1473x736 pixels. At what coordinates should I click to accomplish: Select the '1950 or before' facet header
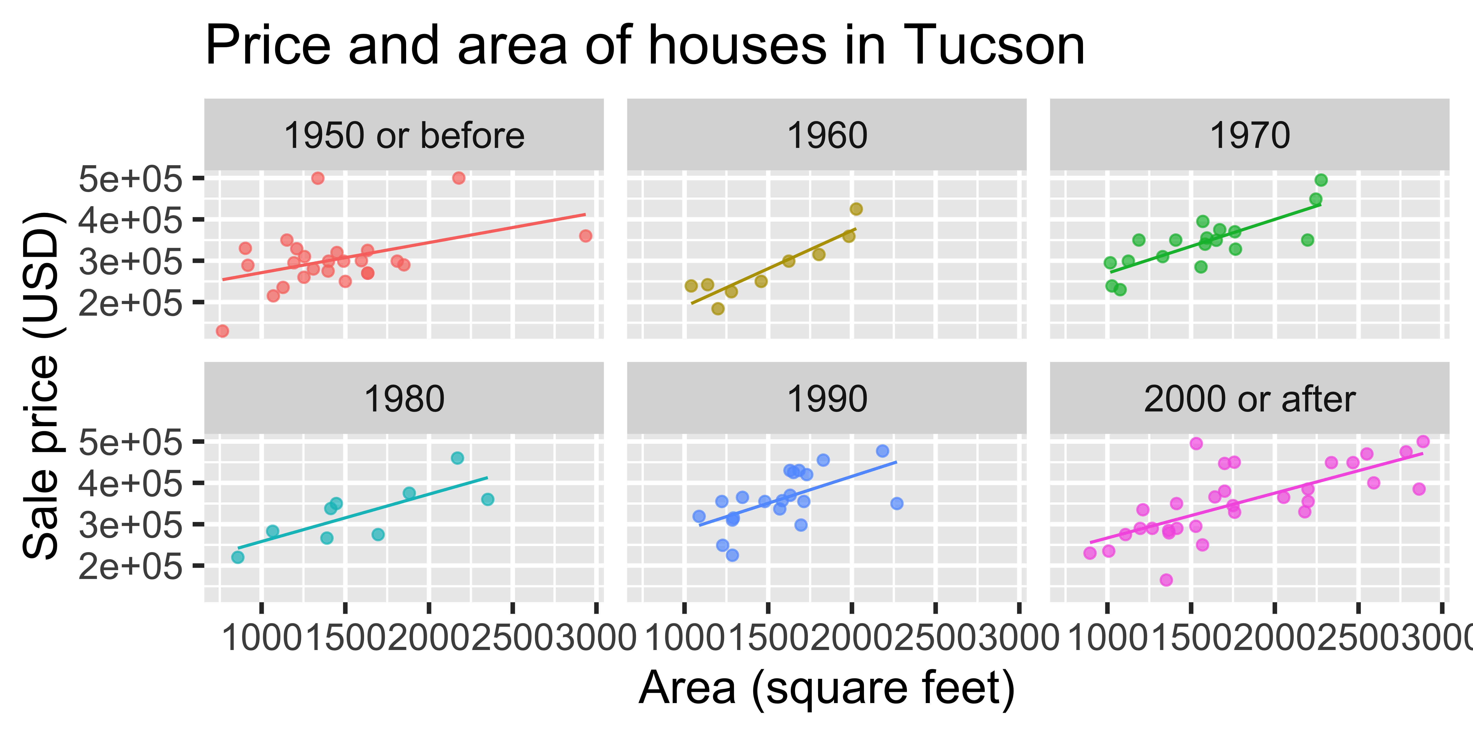tap(404, 136)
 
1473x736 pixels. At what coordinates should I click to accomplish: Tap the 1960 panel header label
tap(827, 136)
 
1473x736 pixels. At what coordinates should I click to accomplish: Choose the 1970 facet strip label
tap(1249, 136)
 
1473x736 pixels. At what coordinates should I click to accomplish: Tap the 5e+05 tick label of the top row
tap(130, 179)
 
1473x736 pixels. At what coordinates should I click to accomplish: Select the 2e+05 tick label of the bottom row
tap(130, 566)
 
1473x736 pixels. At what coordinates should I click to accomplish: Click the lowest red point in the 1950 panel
tap(222, 331)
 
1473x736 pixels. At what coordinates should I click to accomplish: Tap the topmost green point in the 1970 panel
tap(1321, 180)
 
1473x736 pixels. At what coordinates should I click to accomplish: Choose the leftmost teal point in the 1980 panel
tap(238, 557)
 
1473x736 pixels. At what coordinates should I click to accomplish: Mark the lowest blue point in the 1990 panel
tap(733, 555)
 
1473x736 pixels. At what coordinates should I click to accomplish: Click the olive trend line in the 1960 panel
tap(772, 266)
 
